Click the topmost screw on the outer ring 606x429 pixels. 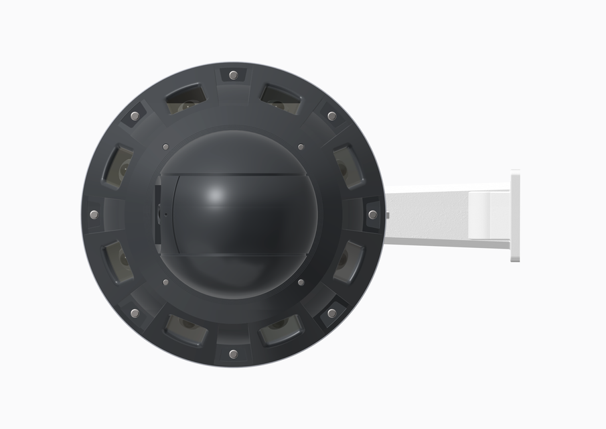(233, 75)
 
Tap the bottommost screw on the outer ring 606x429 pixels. (233, 353)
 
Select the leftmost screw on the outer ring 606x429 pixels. (94, 214)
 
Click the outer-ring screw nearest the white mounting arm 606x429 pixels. (372, 214)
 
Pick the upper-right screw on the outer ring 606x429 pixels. (331, 116)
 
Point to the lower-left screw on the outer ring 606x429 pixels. (135, 313)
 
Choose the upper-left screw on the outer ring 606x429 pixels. (135, 116)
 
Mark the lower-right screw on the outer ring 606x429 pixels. (331, 313)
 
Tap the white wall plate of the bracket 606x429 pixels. (515, 214)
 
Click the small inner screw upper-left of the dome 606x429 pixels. (165, 146)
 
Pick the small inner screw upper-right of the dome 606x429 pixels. (301, 146)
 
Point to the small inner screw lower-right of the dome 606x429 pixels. (301, 283)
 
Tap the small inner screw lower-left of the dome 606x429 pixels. (165, 283)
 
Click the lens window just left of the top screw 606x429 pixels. (185, 99)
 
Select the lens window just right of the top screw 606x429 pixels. (280, 99)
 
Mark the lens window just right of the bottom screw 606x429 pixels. (280, 330)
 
